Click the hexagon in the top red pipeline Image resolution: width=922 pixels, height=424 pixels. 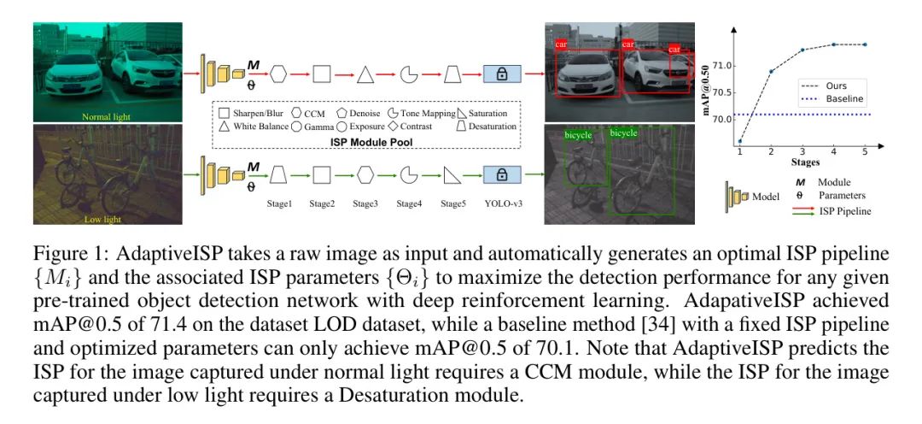(278, 74)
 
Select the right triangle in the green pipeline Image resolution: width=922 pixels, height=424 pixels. (452, 175)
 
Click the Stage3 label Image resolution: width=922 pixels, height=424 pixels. (365, 204)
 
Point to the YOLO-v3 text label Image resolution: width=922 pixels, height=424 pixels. (504, 204)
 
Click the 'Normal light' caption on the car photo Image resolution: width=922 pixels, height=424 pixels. (107, 115)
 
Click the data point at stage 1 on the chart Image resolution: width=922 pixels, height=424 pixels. (739, 141)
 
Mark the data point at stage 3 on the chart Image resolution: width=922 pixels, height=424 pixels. (802, 50)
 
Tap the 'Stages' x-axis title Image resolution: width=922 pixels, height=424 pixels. (805, 162)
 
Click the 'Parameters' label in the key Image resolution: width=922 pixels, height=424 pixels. (842, 195)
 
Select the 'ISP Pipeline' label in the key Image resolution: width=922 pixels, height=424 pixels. (844, 210)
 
